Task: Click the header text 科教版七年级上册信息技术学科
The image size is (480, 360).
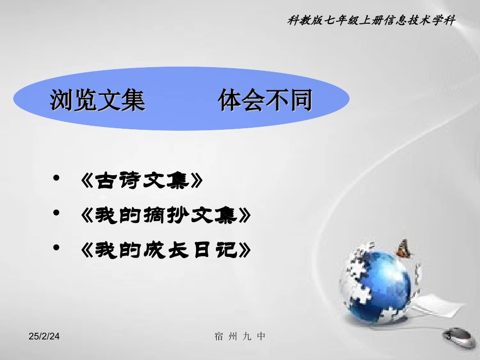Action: click(371, 22)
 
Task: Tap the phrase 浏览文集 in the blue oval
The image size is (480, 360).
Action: click(98, 100)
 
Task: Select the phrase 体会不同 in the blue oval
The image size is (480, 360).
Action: click(265, 100)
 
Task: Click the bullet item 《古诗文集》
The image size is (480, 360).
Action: click(142, 181)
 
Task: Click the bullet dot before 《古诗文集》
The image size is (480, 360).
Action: click(57, 179)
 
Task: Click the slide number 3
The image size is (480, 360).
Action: click(448, 336)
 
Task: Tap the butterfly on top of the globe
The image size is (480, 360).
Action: click(403, 248)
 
